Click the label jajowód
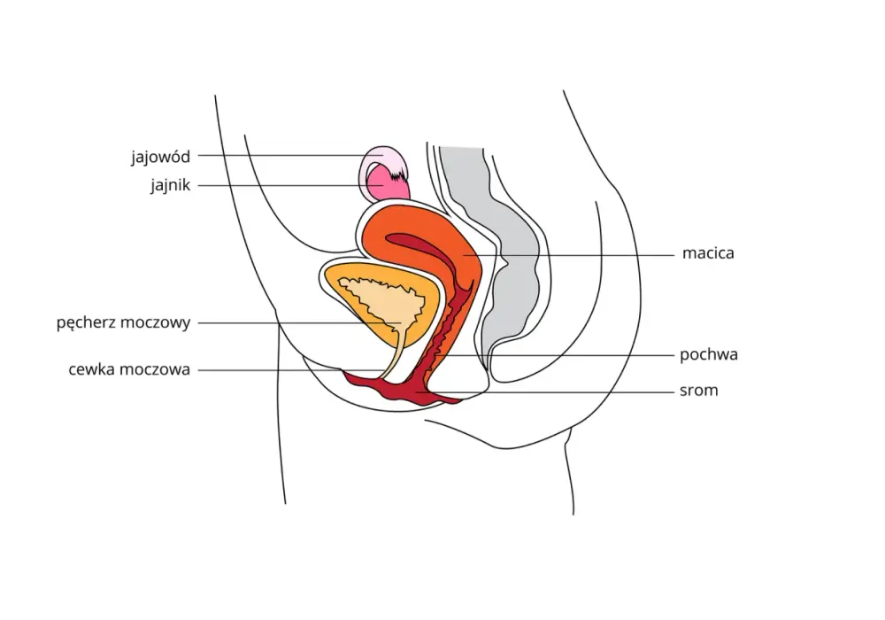161,157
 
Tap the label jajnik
171,185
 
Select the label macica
708,253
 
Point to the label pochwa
709,354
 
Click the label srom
699,391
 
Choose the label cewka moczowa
129,370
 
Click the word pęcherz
85,323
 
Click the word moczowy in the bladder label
155,323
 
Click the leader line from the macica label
569,255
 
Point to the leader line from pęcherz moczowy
299,323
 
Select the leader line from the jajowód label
290,155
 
